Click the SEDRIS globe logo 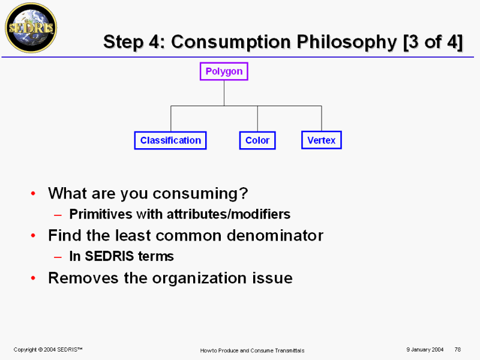click(31, 28)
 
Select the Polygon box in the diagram click(224, 71)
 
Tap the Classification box click(170, 140)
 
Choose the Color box click(257, 140)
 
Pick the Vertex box click(322, 140)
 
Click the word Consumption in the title click(231, 42)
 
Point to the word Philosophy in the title click(347, 42)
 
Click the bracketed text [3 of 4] click(433, 42)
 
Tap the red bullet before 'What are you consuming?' click(34, 193)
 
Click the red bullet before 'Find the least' click(34, 236)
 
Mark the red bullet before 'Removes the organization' click(34, 278)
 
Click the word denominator click(275, 235)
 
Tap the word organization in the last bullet click(200, 278)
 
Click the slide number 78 click(458, 350)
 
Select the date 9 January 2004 click(425, 350)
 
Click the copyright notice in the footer click(48, 350)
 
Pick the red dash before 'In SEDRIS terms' click(58, 257)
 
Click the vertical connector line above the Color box click(257, 119)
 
